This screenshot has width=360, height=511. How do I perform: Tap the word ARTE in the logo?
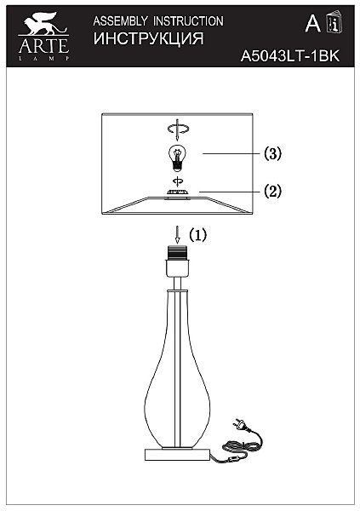[x=43, y=46]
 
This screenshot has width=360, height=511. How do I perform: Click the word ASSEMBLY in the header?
[x=120, y=21]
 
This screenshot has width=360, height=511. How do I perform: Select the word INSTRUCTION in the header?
[x=188, y=21]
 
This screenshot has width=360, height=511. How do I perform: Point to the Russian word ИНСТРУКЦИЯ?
[x=149, y=39]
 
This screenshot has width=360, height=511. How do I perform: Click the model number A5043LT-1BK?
[x=290, y=56]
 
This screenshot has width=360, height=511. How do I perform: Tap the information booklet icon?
[x=334, y=21]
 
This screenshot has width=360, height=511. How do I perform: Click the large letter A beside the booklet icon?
[x=312, y=23]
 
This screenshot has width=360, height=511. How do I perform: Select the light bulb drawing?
[x=177, y=158]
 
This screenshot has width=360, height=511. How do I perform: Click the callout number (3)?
[x=272, y=153]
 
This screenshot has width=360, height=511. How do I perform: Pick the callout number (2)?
[x=272, y=191]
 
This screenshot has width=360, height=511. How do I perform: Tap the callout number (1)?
[x=198, y=235]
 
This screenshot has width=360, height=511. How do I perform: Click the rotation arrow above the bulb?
[x=178, y=129]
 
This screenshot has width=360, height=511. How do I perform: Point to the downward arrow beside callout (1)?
[x=177, y=235]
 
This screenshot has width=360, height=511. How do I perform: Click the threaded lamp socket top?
[x=177, y=253]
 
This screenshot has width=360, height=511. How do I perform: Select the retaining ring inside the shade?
[x=178, y=193]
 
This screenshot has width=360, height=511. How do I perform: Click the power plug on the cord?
[x=239, y=424]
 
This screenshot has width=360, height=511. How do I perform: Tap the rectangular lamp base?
[x=177, y=454]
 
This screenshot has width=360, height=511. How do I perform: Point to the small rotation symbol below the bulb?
[x=178, y=181]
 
